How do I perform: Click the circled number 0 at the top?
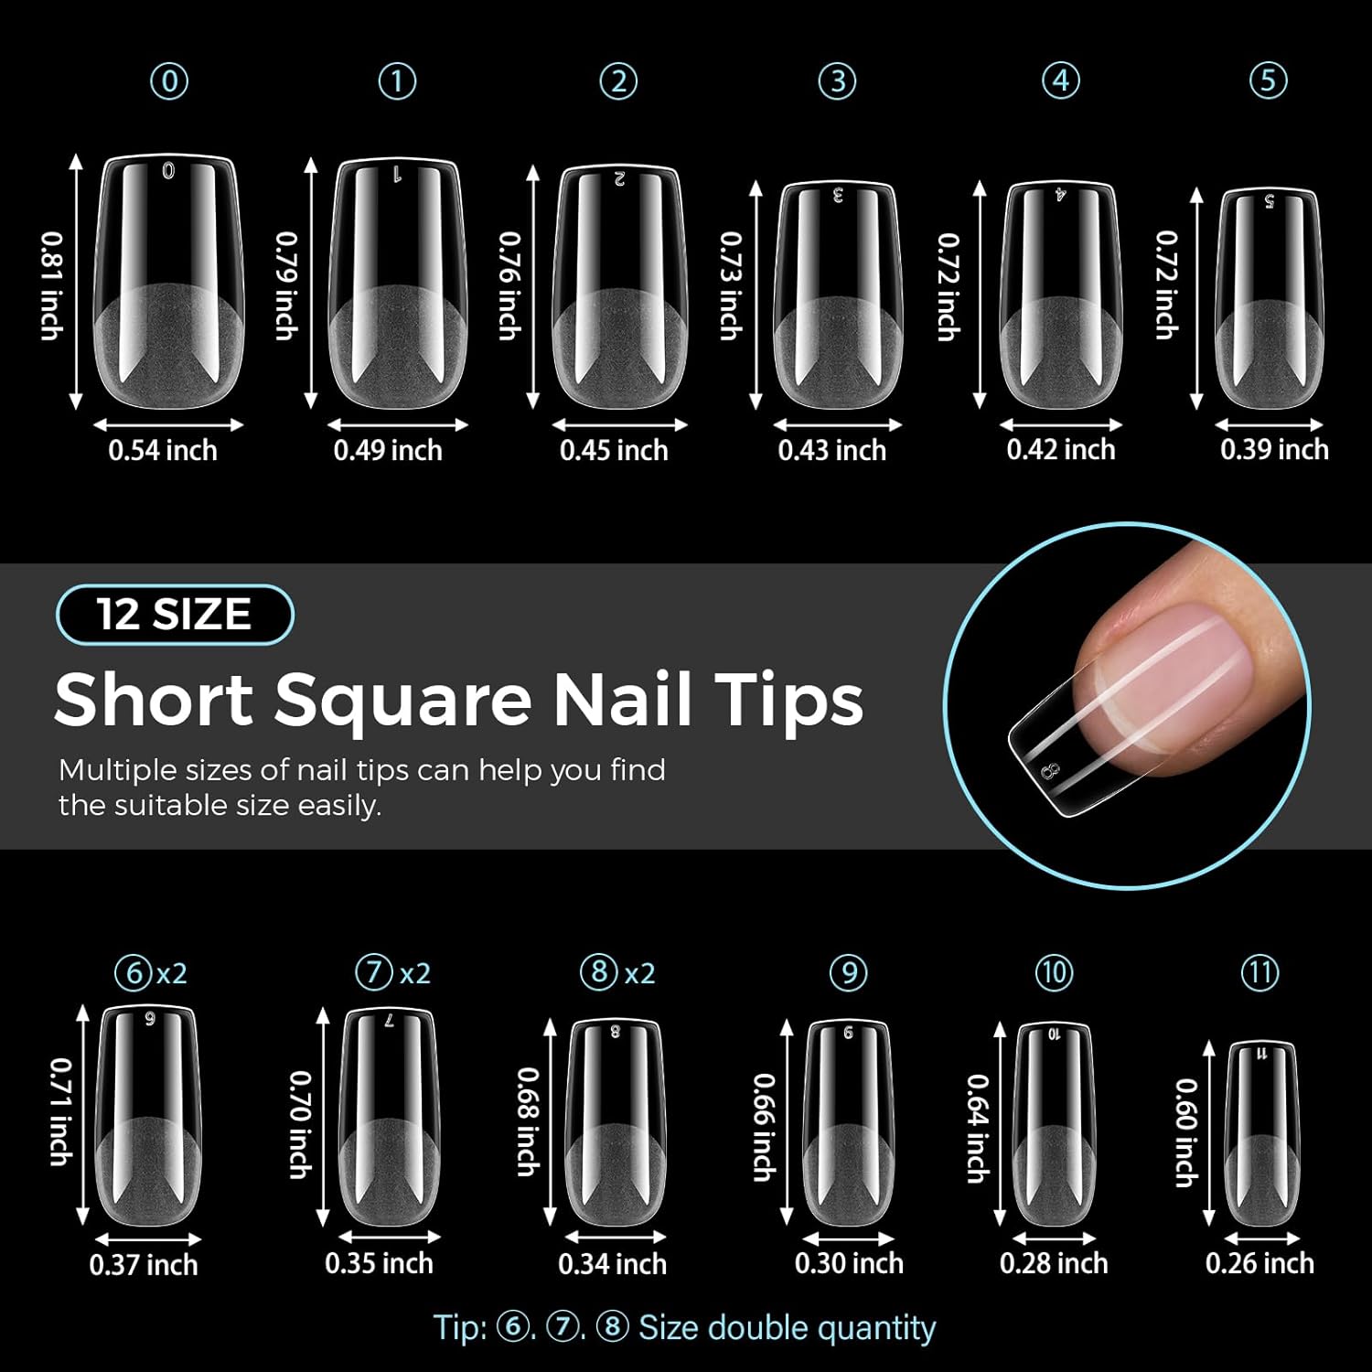tap(169, 82)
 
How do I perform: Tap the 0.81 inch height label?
tap(52, 285)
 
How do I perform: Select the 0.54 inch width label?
tap(163, 450)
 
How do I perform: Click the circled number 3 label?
tap(837, 82)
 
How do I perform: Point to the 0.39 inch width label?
tap(1273, 449)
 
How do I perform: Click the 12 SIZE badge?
tap(175, 614)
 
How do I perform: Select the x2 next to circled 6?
tap(171, 973)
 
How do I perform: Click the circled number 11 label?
tap(1259, 971)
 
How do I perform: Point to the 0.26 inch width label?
tap(1259, 1263)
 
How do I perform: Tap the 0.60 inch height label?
tap(1185, 1132)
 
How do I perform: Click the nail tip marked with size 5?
tap(1269, 302)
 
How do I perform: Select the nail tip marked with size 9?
tap(848, 1125)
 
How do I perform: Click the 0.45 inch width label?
tap(614, 450)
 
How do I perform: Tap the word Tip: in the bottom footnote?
tap(461, 1328)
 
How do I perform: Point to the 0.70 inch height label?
tap(300, 1124)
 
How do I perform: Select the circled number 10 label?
tap(1054, 971)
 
